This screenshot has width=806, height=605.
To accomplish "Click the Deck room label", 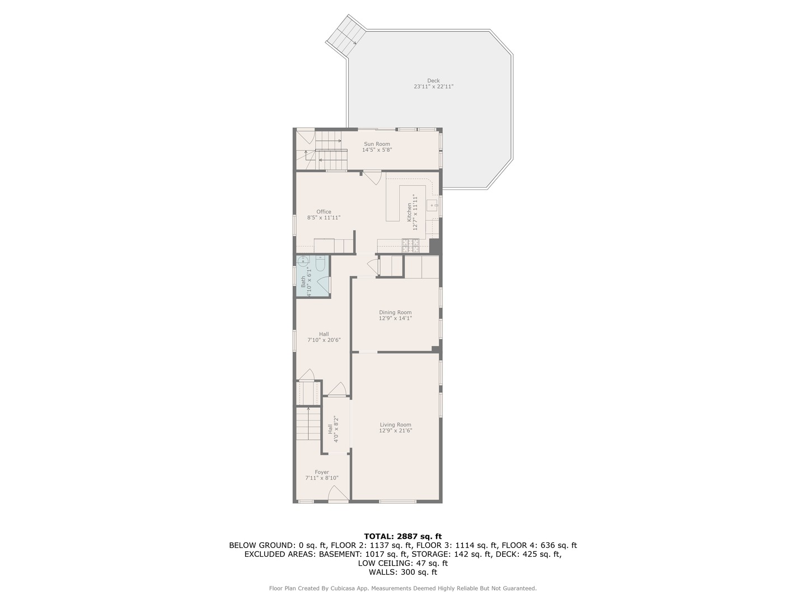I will pyautogui.click(x=433, y=81).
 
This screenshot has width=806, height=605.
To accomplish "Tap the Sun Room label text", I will pyautogui.click(x=377, y=144).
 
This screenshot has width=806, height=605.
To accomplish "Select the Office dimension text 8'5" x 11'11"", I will pyautogui.click(x=324, y=218).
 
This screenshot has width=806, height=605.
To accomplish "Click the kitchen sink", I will pyautogui.click(x=433, y=206).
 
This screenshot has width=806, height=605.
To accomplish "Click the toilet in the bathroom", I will pyautogui.click(x=321, y=263).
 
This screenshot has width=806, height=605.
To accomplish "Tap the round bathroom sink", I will pyautogui.click(x=303, y=260).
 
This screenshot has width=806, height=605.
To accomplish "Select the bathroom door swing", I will pyautogui.click(x=323, y=285).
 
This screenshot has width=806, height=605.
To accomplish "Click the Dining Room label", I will pyautogui.click(x=395, y=312).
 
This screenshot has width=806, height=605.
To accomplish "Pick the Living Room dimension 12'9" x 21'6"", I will pyautogui.click(x=395, y=431).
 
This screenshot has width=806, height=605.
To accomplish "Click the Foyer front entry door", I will pyautogui.click(x=338, y=494).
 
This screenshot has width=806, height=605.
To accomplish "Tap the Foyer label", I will pyautogui.click(x=322, y=472).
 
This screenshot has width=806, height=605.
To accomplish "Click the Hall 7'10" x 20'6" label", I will pyautogui.click(x=324, y=337).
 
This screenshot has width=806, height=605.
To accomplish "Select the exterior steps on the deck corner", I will pyautogui.click(x=345, y=35).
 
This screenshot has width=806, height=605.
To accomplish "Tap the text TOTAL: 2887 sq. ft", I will pyautogui.click(x=403, y=536).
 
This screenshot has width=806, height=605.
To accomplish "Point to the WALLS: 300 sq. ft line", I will pyautogui.click(x=403, y=572).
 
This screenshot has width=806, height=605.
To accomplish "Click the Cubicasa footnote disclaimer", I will pyautogui.click(x=403, y=588).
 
